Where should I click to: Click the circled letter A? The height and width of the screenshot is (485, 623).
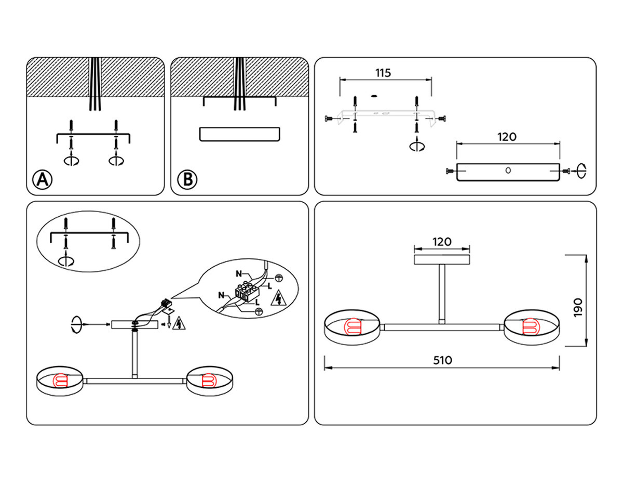click(x=43, y=180)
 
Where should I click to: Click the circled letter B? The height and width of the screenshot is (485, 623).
click(x=187, y=180)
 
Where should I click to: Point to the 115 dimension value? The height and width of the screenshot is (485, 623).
click(x=383, y=73)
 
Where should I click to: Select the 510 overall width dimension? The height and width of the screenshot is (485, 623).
click(x=442, y=360)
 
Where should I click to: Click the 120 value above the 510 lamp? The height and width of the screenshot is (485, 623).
click(x=442, y=241)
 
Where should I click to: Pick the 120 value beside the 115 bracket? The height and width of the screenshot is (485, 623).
click(x=507, y=137)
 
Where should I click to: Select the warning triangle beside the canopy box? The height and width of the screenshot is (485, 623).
click(x=179, y=323)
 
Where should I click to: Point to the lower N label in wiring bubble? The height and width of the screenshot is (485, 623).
click(x=222, y=295)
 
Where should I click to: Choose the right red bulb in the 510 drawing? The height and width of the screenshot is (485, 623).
click(x=532, y=326)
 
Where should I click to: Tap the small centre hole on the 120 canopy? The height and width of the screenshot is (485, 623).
click(x=508, y=170)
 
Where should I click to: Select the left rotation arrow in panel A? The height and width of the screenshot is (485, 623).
click(x=71, y=160)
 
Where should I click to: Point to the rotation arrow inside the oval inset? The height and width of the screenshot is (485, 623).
click(x=66, y=260)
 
